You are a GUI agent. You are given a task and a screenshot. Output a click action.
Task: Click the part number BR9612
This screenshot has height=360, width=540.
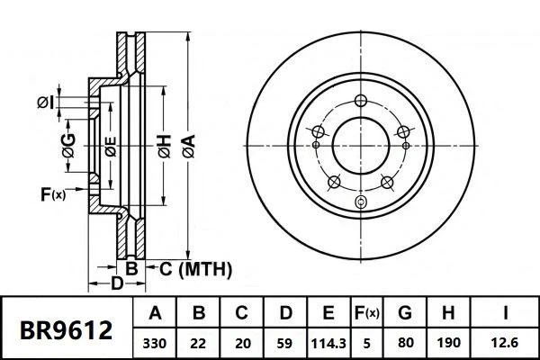(67, 330)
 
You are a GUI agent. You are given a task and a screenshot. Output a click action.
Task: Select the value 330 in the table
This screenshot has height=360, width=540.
(156, 343)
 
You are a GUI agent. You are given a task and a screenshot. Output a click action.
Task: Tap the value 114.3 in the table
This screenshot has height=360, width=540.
(328, 343)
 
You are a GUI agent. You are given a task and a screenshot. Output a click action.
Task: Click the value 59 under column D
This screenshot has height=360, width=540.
(283, 343)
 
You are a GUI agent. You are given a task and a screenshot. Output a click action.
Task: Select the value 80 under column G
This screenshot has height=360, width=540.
(406, 343)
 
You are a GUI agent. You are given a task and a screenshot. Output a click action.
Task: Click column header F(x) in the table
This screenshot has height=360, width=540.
(366, 314)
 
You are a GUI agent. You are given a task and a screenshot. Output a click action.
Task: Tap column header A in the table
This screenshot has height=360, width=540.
(156, 314)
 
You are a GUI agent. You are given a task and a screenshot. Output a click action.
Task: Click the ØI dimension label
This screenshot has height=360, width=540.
(46, 102)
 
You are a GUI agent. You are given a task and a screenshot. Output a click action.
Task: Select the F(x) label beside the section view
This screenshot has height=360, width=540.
(53, 193)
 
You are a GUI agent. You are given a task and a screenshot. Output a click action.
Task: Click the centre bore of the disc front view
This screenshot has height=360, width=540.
(361, 143)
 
